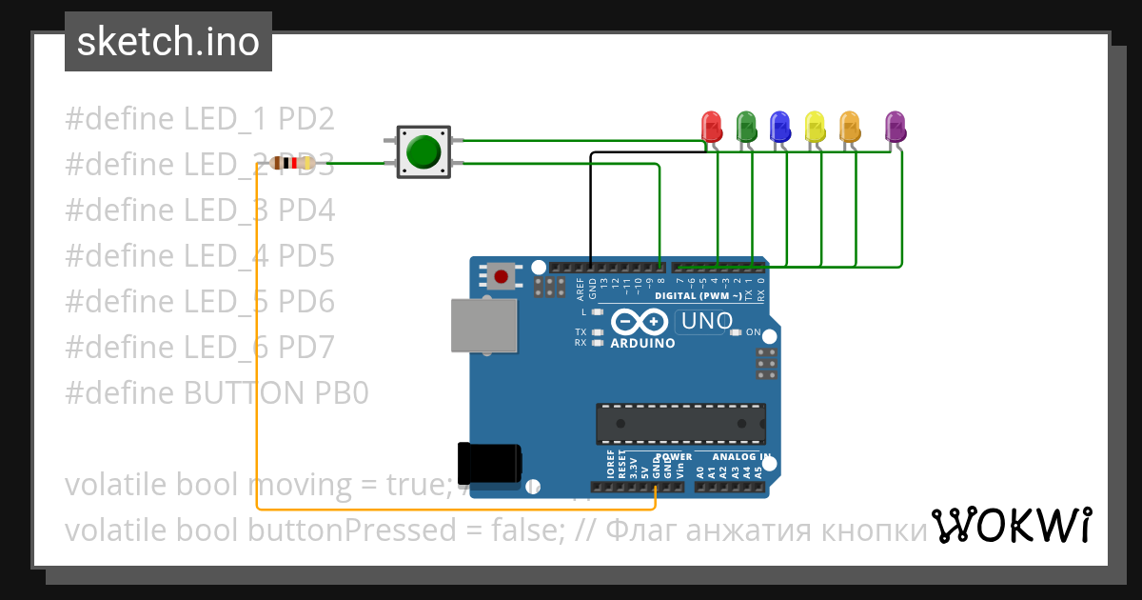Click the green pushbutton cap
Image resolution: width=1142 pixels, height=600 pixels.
click(x=423, y=152)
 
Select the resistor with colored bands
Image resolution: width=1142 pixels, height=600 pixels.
click(x=291, y=164)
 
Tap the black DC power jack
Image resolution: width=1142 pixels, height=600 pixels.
click(x=489, y=464)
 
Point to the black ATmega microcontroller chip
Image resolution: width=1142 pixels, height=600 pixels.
click(x=681, y=424)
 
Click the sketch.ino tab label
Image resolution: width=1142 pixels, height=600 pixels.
click(x=168, y=42)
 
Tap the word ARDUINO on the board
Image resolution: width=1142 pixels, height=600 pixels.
click(x=642, y=343)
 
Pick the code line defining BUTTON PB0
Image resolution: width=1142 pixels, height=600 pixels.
click(x=216, y=393)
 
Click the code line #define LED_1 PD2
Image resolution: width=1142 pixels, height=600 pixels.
click(x=200, y=119)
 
